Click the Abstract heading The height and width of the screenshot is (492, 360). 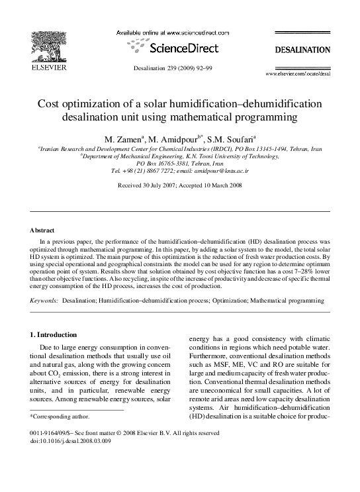pyautogui.click(x=42, y=230)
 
